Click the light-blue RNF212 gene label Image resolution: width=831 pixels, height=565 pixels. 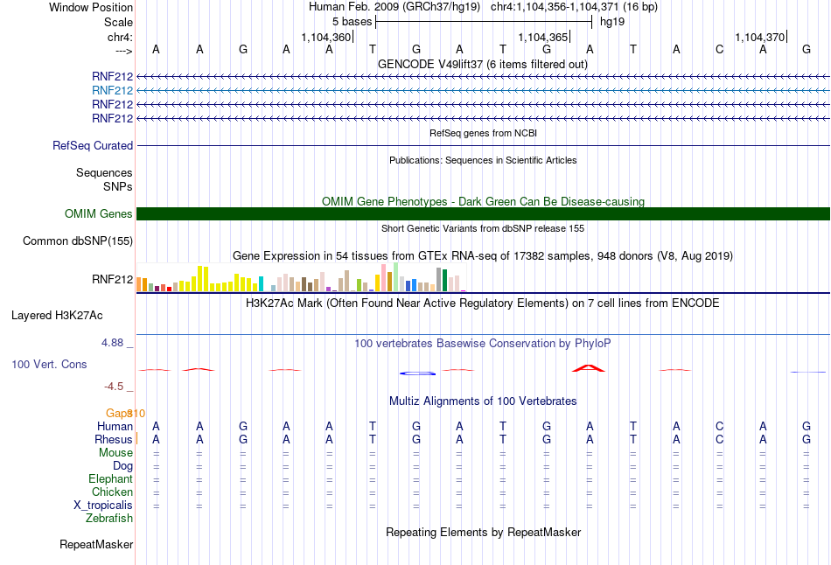112,90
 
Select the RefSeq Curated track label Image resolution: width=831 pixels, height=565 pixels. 93,145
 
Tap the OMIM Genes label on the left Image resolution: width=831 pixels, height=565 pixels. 99,213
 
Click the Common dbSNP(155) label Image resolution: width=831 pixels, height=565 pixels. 78,241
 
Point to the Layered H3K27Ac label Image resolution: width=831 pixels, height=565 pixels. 57,316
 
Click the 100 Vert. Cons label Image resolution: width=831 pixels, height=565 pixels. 49,364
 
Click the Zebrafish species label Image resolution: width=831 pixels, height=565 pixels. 109,518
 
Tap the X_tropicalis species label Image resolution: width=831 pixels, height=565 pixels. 103,506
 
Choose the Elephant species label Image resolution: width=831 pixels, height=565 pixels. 110,478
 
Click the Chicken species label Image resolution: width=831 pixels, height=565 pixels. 112,492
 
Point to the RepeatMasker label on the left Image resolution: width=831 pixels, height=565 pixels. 96,544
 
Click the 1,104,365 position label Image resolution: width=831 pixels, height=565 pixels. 542,37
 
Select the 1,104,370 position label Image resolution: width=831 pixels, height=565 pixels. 759,37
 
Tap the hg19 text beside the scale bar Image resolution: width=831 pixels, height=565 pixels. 612,22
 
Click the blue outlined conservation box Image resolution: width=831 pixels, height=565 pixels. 417,373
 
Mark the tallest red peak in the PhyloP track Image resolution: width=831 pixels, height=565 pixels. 589,368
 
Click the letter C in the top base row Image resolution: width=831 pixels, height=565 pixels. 719,49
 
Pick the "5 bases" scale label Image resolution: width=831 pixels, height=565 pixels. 352,22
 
